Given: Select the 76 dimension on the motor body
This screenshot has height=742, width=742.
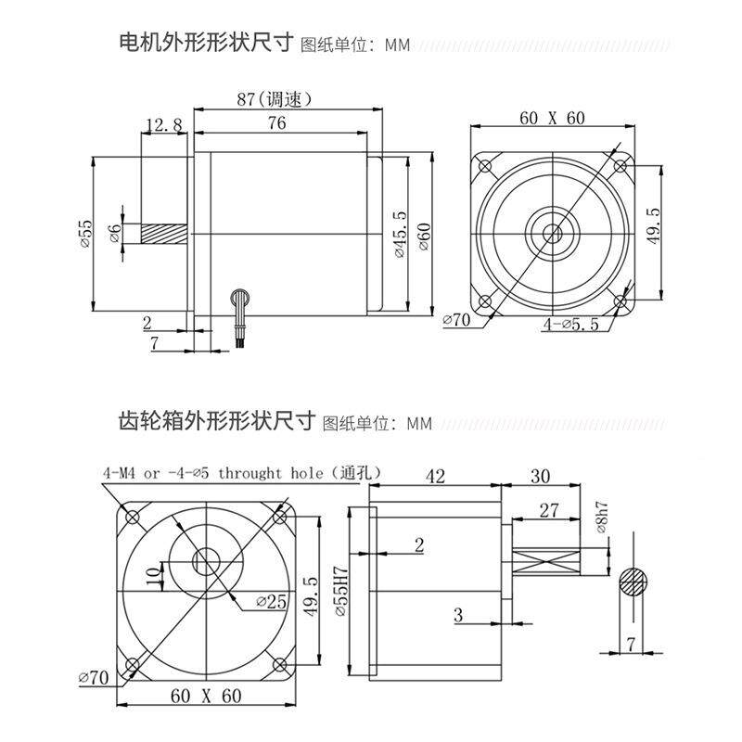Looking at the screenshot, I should pyautogui.click(x=275, y=122).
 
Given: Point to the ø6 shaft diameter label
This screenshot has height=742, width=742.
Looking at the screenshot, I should pyautogui.click(x=115, y=234).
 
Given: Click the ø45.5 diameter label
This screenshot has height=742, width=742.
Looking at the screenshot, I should pyautogui.click(x=399, y=234).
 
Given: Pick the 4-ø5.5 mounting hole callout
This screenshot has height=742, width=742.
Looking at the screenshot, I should pyautogui.click(x=570, y=324).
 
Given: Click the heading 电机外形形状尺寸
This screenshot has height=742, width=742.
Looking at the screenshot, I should pyautogui.click(x=206, y=44).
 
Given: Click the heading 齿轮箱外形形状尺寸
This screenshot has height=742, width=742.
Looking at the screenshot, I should pyautogui.click(x=217, y=422).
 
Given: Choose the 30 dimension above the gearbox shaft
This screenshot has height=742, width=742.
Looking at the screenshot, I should pyautogui.click(x=541, y=477).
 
